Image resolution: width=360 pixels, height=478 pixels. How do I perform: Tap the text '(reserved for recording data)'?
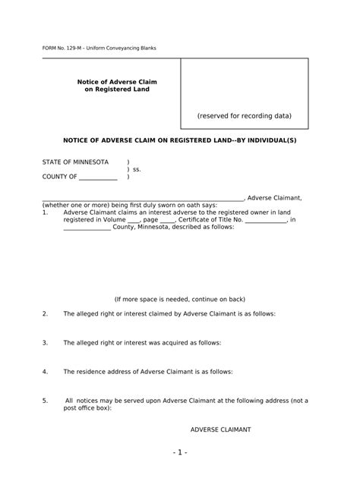click(244, 116)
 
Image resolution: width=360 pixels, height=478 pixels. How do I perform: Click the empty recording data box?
click(244, 83)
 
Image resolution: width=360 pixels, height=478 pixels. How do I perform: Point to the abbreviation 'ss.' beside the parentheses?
click(137, 169)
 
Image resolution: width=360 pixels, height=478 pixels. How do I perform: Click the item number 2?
click(46, 313)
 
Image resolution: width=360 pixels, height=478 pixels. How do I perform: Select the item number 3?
click(46, 343)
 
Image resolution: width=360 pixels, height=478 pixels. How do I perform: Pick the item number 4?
click(46, 372)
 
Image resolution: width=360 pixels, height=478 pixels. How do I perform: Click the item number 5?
click(46, 401)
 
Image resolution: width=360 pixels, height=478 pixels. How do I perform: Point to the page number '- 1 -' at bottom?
click(179, 452)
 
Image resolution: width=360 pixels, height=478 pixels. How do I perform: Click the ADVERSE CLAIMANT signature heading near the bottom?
click(220, 429)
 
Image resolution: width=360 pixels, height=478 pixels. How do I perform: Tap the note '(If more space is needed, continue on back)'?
click(179, 299)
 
